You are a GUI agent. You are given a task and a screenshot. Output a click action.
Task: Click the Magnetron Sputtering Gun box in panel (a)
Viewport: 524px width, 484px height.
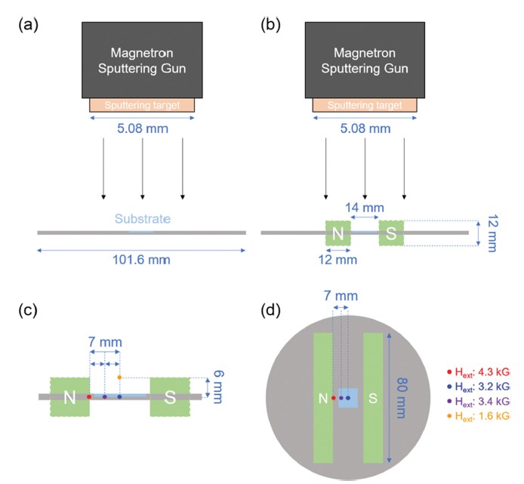pyautogui.click(x=143, y=60)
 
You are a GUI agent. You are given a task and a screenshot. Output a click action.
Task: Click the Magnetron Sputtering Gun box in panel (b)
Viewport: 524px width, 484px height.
pyautogui.click(x=365, y=60)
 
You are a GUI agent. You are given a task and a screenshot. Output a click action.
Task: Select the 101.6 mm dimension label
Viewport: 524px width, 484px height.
pyautogui.click(x=141, y=260)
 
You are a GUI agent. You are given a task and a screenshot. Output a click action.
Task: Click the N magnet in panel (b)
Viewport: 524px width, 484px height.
pyautogui.click(x=338, y=233)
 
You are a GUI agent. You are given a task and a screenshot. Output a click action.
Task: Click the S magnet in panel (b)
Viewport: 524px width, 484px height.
pyautogui.click(x=392, y=233)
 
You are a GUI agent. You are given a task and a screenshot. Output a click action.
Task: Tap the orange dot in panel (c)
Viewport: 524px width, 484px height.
pyautogui.click(x=119, y=377)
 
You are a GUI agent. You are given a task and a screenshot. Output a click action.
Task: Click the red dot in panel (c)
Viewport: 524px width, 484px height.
pyautogui.click(x=89, y=396)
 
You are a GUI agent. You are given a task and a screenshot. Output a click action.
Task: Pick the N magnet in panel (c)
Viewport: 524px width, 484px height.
pyautogui.click(x=69, y=396)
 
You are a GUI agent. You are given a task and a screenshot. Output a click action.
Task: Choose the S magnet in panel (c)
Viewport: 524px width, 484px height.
pyautogui.click(x=170, y=396)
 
